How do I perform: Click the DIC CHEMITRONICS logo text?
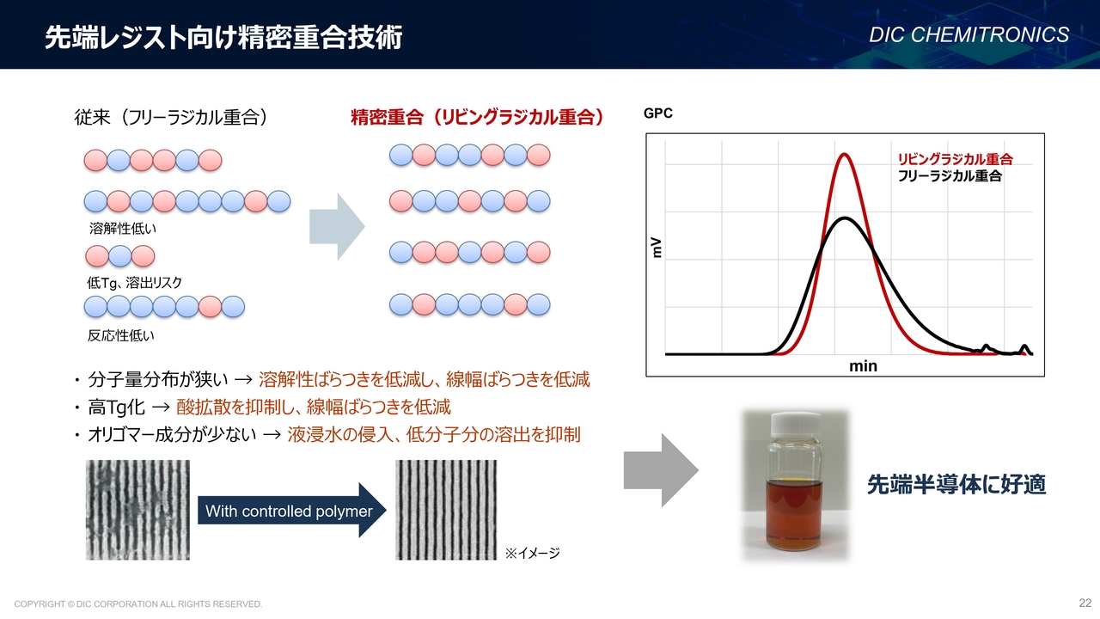coord(969,35)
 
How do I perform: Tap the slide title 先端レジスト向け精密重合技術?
coord(224,37)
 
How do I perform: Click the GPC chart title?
coord(658,113)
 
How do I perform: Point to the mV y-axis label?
coord(656,248)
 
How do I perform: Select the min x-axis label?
coord(863,366)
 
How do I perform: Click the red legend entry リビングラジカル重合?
coord(955,159)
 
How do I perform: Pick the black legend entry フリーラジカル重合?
coord(950,176)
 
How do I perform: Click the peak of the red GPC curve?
coord(844,155)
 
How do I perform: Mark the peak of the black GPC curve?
coord(844,218)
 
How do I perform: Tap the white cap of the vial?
coord(796,425)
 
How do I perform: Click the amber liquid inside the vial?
coord(794,513)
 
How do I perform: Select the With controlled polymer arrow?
coord(291,511)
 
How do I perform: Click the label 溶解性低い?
coord(123,229)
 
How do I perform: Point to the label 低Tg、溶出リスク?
coord(135,283)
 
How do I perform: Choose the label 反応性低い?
coord(121,335)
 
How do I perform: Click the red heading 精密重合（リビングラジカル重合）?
coord(477,118)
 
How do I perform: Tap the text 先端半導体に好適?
coord(956,484)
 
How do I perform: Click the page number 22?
coord(1085,603)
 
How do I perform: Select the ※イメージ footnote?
coord(532,553)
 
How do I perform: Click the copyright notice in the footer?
coord(138,604)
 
